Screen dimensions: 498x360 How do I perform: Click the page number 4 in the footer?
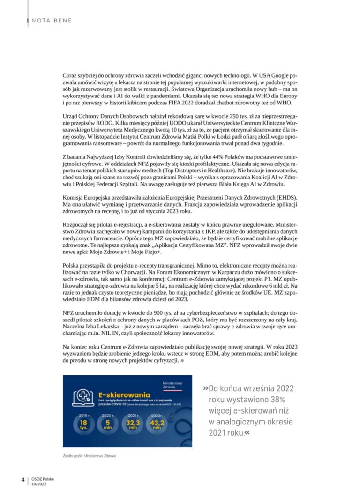22,479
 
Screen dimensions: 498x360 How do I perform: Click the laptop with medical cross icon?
82,398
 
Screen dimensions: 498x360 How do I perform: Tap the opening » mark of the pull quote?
206,388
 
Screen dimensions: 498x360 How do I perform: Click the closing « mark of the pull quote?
247,432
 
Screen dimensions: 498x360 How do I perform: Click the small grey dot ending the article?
182,362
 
